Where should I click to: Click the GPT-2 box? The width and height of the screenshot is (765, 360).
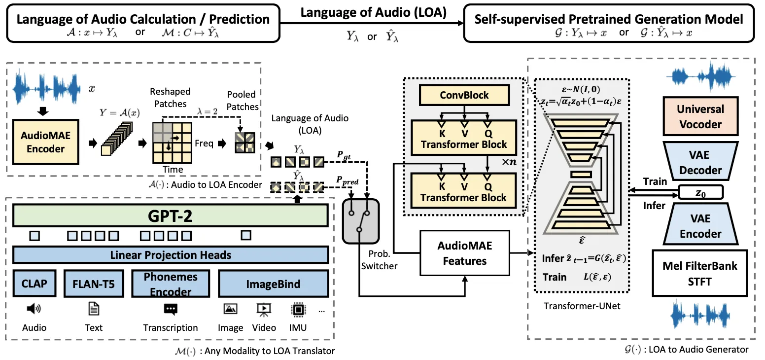[x=171, y=216]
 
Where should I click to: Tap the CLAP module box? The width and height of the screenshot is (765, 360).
[x=34, y=284]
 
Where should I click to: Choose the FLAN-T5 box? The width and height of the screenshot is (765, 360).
[x=93, y=284]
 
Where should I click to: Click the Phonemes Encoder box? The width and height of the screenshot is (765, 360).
[x=171, y=284]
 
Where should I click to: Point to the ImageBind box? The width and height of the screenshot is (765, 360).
[x=273, y=284]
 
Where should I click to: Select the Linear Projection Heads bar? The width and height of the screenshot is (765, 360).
[x=171, y=255]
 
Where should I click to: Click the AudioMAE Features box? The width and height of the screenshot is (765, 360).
[x=464, y=252]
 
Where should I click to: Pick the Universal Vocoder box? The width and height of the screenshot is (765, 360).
[x=700, y=117]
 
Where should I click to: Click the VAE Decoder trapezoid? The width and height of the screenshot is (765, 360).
[x=700, y=162]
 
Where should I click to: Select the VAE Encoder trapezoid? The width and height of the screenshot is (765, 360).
[x=700, y=226]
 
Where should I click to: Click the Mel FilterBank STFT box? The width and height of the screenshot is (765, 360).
[x=700, y=273]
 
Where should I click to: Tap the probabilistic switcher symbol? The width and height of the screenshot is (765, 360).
[x=359, y=220]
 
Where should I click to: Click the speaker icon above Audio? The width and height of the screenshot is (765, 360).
[x=34, y=309]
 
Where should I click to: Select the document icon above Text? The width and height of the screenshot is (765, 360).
[x=93, y=309]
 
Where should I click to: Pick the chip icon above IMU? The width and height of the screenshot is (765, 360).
[x=298, y=309]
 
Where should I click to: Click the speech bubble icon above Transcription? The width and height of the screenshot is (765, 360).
[x=171, y=309]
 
